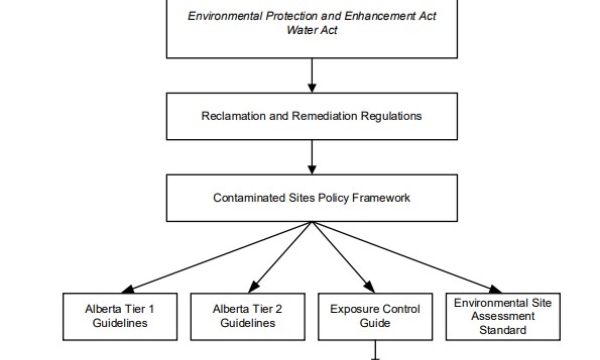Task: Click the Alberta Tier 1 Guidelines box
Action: tap(119, 316)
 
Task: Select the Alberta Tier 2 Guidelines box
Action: tap(247, 316)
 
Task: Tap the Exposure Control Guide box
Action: tap(375, 316)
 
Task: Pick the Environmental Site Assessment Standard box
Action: tap(502, 316)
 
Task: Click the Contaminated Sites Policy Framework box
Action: tap(311, 198)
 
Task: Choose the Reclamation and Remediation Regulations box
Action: tap(311, 116)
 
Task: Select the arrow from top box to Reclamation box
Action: tap(311, 75)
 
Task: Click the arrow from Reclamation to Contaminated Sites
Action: tap(311, 156)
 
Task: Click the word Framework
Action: tap(381, 198)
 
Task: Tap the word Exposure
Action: tap(353, 309)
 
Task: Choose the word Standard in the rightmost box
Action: tap(502, 330)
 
